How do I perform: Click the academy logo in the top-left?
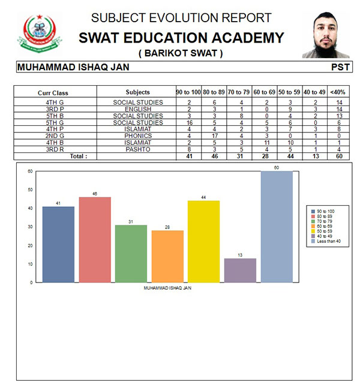coord(39,34)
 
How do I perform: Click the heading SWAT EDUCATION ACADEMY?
coord(181,38)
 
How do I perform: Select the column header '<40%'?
coord(338,92)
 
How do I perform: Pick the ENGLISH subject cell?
coord(134,109)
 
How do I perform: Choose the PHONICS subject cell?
coord(134,136)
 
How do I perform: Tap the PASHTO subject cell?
coord(134,149)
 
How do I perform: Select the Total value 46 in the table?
coord(214,156)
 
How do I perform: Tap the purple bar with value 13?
coord(240,270)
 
